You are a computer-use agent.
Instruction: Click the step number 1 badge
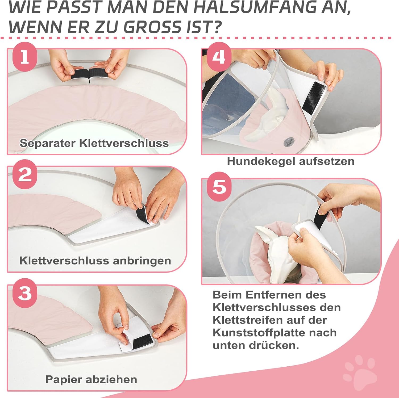coord(25,57)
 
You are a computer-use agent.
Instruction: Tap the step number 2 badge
coord(25,175)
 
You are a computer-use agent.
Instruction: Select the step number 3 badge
coord(25,293)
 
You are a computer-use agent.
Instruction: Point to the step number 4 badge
coord(219,57)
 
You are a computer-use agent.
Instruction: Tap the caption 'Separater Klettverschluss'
coord(94,143)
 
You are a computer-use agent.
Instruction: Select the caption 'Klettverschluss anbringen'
coord(95,261)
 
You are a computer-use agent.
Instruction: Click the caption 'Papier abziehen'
coord(91,379)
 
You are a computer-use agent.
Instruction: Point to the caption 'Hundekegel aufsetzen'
coord(290,161)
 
